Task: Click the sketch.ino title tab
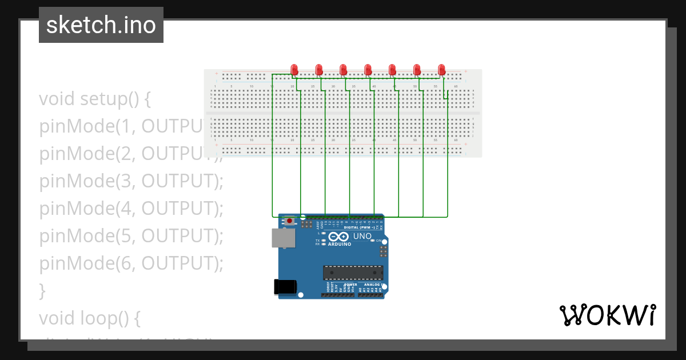click(101, 25)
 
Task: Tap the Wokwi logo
click(607, 315)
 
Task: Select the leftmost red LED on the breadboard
click(294, 70)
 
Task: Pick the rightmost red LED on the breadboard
click(441, 70)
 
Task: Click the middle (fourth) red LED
click(368, 70)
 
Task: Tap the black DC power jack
click(285, 286)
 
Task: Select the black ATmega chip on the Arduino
click(352, 273)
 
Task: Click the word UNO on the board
click(362, 236)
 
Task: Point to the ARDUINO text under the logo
click(339, 244)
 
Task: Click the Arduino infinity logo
click(338, 237)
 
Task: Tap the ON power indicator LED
click(372, 241)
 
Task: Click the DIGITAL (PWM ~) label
click(359, 227)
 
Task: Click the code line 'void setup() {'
click(94, 99)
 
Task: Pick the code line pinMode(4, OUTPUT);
click(131, 209)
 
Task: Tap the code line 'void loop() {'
click(89, 318)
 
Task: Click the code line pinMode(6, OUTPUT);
click(131, 263)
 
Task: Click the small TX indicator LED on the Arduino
click(324, 241)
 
